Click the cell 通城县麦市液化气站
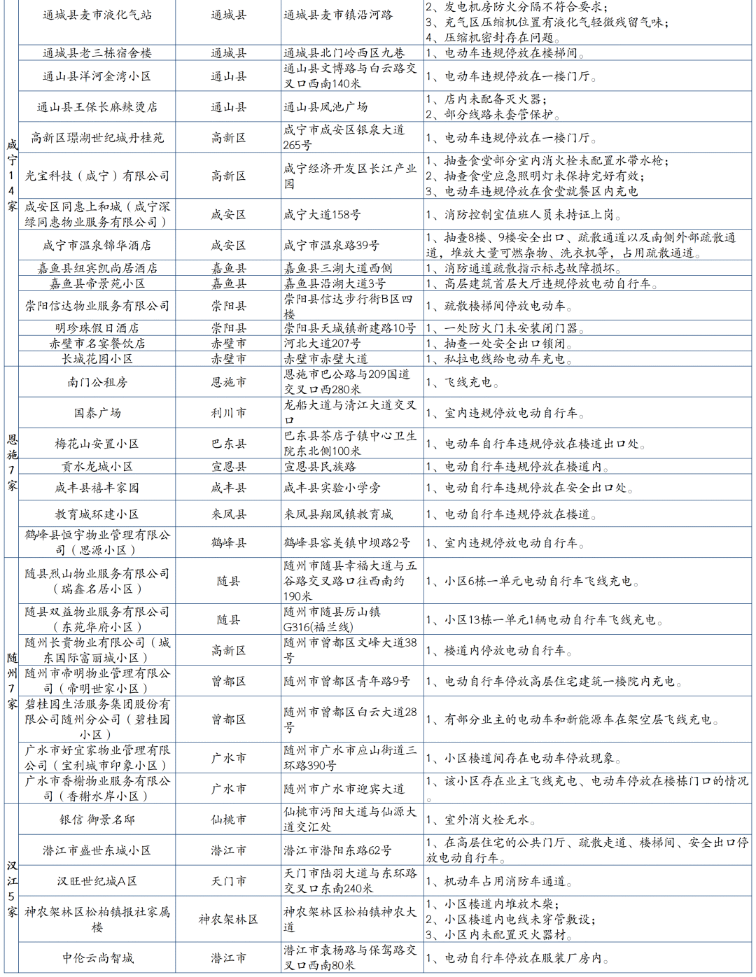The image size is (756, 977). point(97,15)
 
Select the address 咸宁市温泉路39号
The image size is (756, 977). point(332,246)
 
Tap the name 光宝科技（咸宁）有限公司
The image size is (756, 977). point(97,176)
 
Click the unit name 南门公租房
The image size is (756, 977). point(97,382)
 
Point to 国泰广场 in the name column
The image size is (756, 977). point(97,413)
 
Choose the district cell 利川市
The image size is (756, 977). point(229,413)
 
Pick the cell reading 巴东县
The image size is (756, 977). point(229,444)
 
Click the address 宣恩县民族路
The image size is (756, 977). point(320,467)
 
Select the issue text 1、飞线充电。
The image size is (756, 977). point(463,382)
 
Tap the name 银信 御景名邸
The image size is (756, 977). point(97,820)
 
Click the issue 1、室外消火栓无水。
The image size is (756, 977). point(481,820)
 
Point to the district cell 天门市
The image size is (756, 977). point(229,881)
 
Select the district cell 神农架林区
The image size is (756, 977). point(229,919)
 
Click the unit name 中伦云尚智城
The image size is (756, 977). point(97,957)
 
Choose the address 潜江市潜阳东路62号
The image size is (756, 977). point(337,850)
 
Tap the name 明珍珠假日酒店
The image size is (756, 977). point(97,328)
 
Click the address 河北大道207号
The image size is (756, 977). point(322,344)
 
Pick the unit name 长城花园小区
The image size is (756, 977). point(97,359)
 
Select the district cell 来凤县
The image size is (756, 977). point(229,514)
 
